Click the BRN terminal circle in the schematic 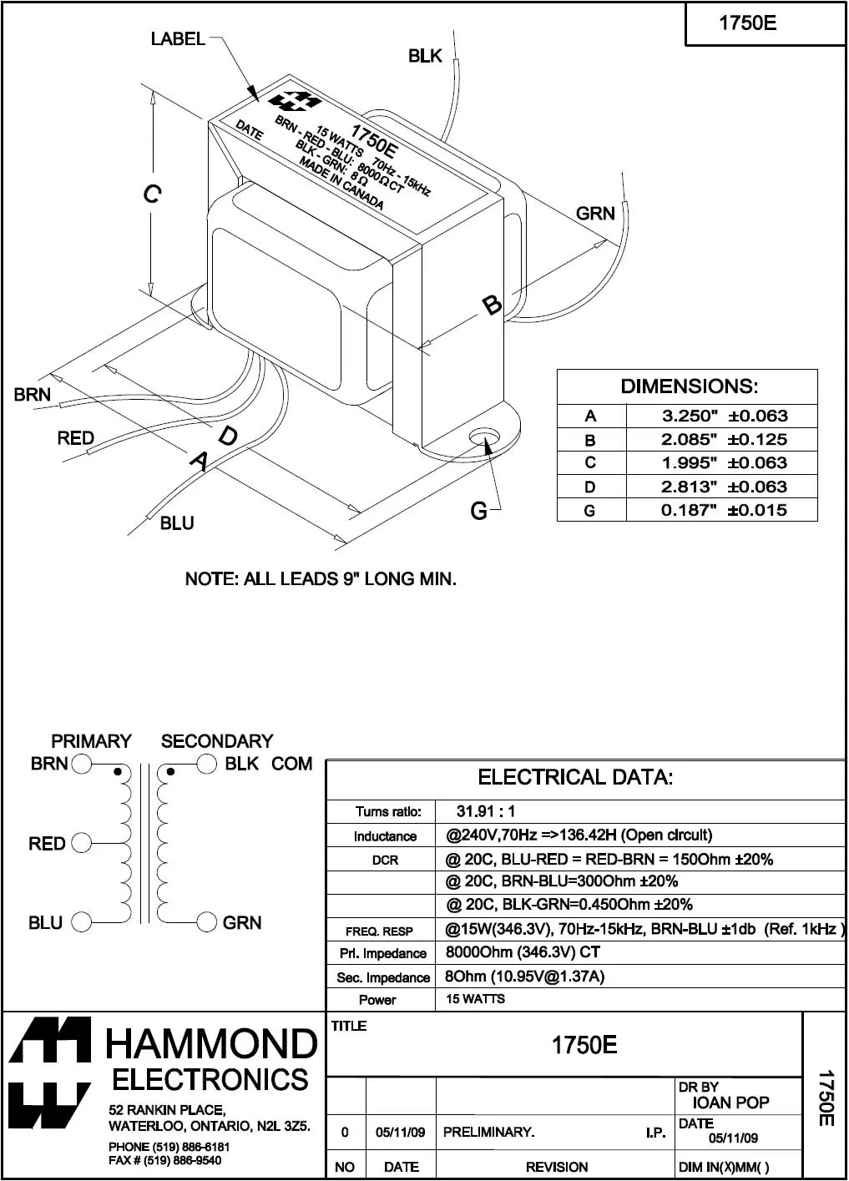pos(82,764)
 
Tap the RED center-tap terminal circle pos(82,843)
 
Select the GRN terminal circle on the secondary pos(207,922)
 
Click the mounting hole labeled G pos(483,437)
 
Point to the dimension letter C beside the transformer pos(151,194)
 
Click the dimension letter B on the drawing pos(493,305)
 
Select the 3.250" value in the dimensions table pos(690,416)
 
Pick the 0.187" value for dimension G pos(690,510)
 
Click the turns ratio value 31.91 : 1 pos(486,811)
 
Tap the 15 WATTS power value pos(475,999)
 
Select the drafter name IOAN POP pos(731,1103)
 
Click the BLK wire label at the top pos(425,56)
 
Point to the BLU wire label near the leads pos(177,523)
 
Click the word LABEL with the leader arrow pos(178,38)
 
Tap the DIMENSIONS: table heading pos(689,386)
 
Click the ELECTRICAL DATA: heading pos(575,778)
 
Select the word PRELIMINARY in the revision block pos(488,1133)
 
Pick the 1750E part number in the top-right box pos(747,23)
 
